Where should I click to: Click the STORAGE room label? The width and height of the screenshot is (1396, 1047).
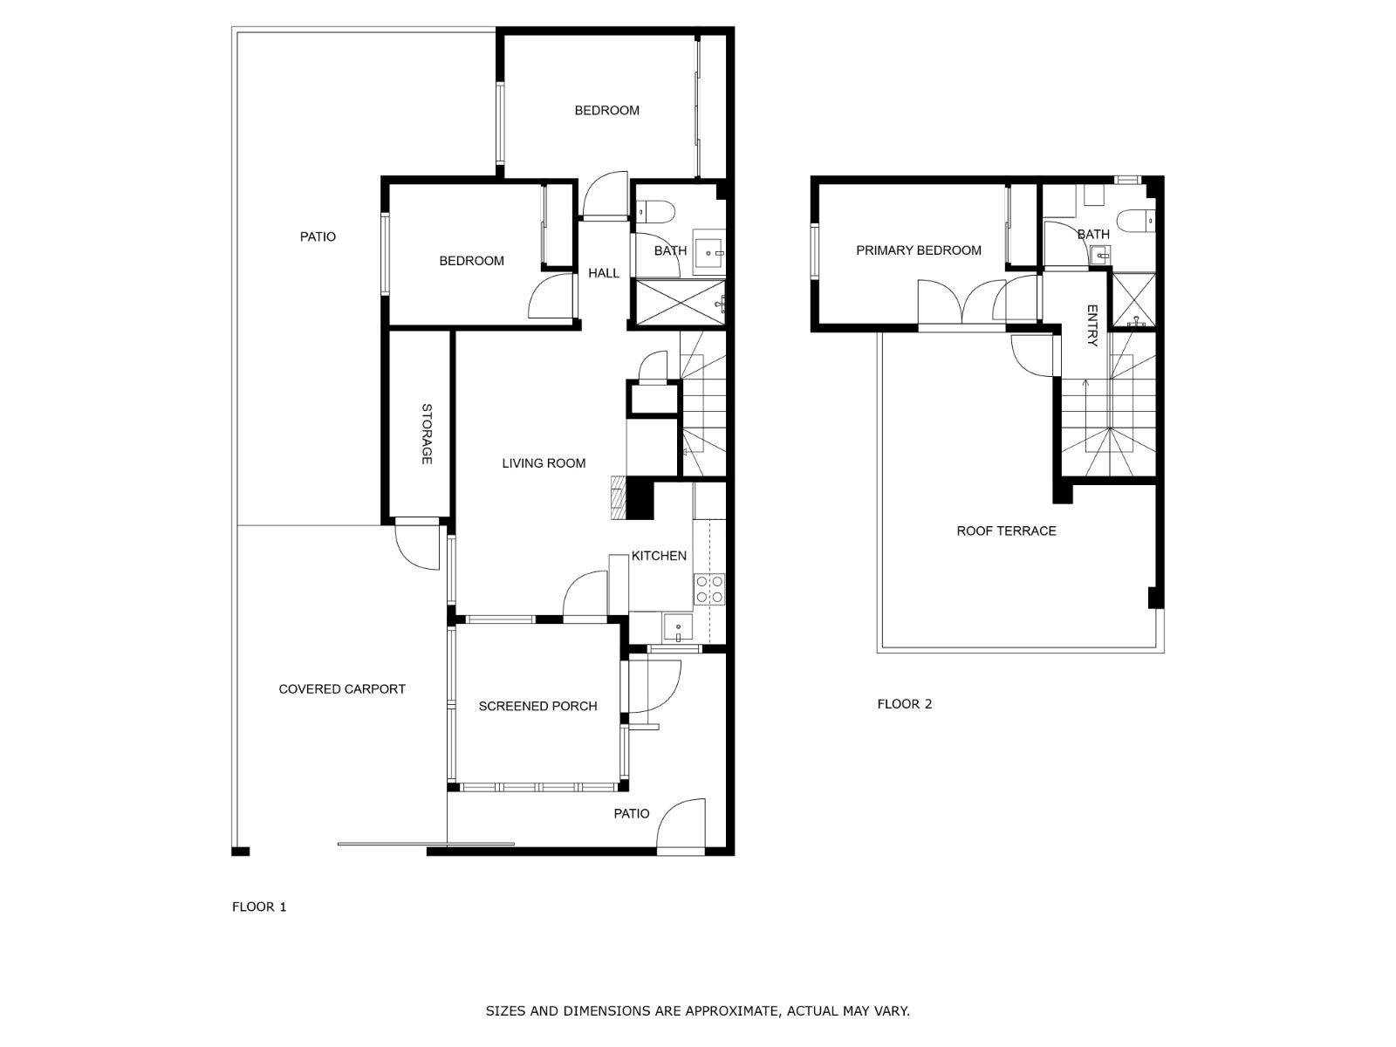427,434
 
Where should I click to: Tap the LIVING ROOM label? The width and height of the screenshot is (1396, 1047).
544,463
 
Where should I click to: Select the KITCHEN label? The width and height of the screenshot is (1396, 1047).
659,556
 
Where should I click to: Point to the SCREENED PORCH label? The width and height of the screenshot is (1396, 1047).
538,706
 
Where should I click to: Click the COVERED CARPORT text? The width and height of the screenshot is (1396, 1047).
342,688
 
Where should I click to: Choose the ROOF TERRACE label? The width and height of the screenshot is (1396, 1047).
1006,530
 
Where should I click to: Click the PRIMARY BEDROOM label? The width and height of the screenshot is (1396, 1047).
919,250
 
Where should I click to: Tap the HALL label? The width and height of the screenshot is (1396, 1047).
604,273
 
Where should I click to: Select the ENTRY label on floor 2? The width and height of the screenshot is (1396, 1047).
1092,325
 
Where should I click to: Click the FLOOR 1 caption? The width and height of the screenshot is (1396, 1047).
259,907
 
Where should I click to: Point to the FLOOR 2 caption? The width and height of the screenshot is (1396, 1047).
905,704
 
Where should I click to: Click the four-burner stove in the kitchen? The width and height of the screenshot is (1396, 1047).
709,589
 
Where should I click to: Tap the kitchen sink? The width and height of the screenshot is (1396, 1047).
678,626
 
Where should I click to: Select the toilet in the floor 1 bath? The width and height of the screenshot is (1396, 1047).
655,210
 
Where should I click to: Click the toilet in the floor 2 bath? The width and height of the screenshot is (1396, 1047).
1136,220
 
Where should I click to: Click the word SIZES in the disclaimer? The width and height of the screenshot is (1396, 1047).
505,1010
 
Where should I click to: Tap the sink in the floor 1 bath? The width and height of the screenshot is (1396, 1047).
708,252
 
